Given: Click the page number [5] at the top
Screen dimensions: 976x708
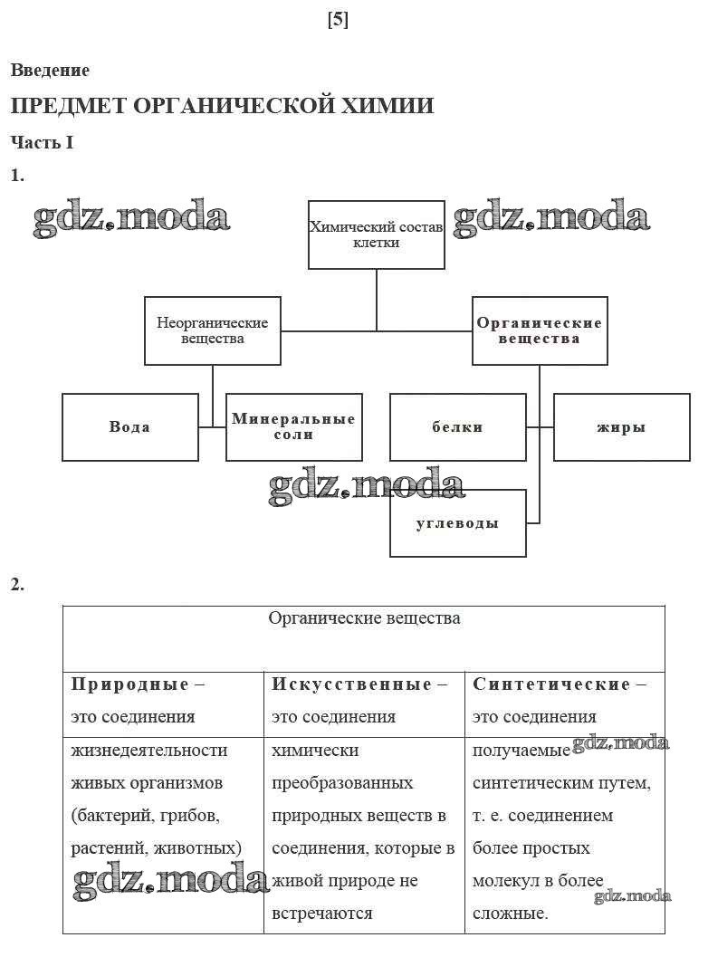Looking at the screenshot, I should (x=338, y=21).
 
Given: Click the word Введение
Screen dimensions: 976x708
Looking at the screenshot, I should (x=50, y=71).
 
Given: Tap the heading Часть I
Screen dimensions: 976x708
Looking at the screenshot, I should (x=42, y=142).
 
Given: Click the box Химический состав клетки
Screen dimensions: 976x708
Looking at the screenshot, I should (x=377, y=235).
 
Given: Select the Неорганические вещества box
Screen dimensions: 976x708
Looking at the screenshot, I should (x=213, y=330).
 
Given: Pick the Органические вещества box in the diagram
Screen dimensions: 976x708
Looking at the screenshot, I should (x=540, y=330).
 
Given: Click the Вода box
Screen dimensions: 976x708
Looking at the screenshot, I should (x=130, y=427).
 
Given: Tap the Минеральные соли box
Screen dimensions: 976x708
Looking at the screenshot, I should (x=293, y=427).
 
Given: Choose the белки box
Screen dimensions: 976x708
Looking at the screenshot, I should (x=457, y=427).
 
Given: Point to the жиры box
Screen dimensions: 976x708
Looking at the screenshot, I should (x=621, y=427).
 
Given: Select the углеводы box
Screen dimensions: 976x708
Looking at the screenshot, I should (x=457, y=523).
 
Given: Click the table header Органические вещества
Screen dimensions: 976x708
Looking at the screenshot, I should (x=364, y=618).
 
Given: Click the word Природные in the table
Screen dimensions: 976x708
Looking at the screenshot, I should (x=130, y=684).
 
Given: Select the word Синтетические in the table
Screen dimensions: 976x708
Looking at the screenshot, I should (x=551, y=684).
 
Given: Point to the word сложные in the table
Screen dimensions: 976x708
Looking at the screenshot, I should (x=511, y=914).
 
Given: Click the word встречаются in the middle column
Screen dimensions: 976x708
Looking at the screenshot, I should (x=321, y=914).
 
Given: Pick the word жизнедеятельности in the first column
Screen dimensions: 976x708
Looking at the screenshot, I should (x=149, y=751).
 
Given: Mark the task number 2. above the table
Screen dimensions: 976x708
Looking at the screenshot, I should (x=17, y=585).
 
